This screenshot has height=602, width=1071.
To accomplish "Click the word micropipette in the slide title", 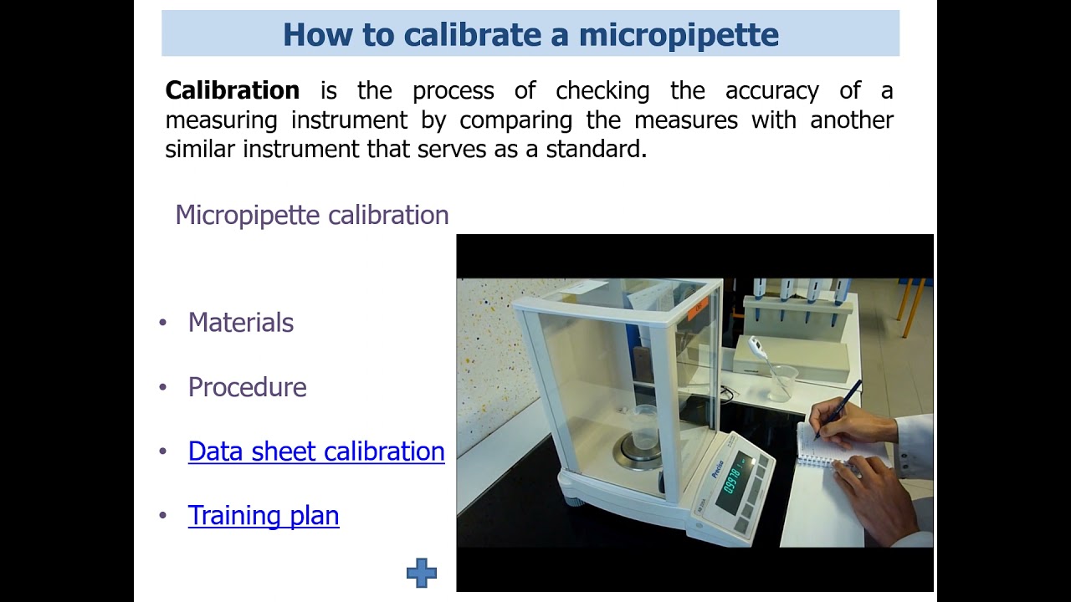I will tap(679, 34).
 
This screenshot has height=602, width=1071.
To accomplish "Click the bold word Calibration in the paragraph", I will tap(232, 90).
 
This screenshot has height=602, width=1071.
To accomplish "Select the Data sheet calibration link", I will tap(316, 451).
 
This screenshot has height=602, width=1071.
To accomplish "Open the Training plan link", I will tap(264, 516).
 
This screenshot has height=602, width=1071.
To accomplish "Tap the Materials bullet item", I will tap(241, 323).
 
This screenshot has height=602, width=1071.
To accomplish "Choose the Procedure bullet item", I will tap(247, 387).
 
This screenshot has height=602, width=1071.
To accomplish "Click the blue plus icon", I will tap(421, 573).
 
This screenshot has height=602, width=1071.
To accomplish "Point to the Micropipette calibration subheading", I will tap(311, 215).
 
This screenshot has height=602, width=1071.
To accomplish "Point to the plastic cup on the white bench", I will tap(781, 382).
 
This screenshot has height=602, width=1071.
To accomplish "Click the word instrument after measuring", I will tap(349, 120).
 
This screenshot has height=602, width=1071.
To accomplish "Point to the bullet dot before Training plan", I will tap(163, 516).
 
